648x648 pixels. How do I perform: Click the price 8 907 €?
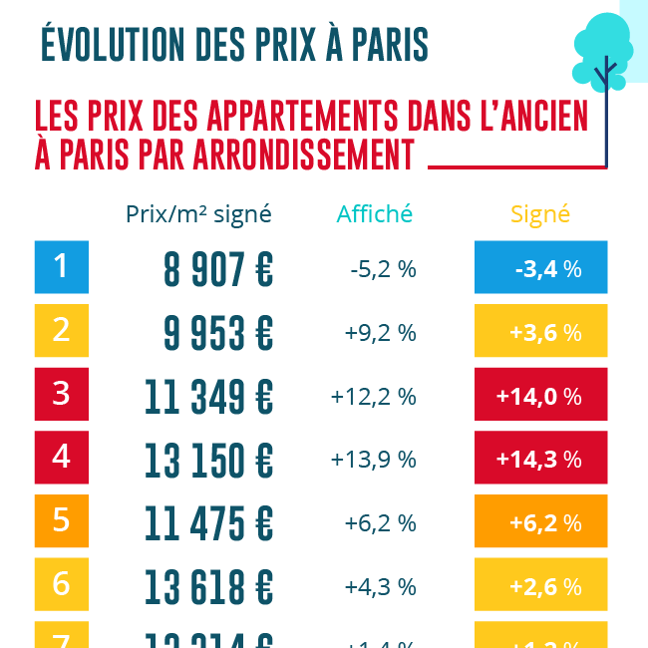(218, 269)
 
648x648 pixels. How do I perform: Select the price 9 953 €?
(218, 333)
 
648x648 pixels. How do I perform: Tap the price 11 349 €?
(209, 396)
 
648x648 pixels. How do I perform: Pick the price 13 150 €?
(209, 460)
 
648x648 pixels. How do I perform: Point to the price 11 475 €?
(209, 522)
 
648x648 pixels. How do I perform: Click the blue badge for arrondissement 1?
(62, 267)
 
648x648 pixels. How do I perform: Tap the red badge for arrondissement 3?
(62, 395)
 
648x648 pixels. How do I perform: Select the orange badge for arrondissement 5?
(62, 521)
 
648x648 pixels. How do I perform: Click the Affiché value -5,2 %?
(383, 269)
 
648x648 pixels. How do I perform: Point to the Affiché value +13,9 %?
(374, 460)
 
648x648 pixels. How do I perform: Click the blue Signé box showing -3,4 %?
(540, 268)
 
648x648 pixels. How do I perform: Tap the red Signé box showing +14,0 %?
(540, 396)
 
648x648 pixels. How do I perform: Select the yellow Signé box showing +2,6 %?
(540, 586)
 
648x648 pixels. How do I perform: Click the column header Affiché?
(375, 214)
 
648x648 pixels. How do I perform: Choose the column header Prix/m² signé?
(198, 214)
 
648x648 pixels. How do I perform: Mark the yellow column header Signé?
(540, 214)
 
